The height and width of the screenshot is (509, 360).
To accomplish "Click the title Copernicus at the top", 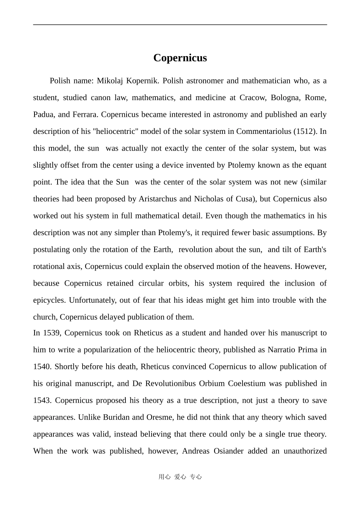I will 180,58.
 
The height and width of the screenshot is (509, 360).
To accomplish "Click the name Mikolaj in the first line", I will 110,81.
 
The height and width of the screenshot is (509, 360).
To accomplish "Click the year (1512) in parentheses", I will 305,131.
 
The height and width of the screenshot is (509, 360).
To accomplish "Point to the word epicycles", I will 49,300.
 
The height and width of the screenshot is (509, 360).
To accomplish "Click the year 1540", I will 42,366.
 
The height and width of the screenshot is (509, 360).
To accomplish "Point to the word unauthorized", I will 305,451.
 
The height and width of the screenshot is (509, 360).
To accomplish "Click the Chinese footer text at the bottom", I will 180,477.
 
